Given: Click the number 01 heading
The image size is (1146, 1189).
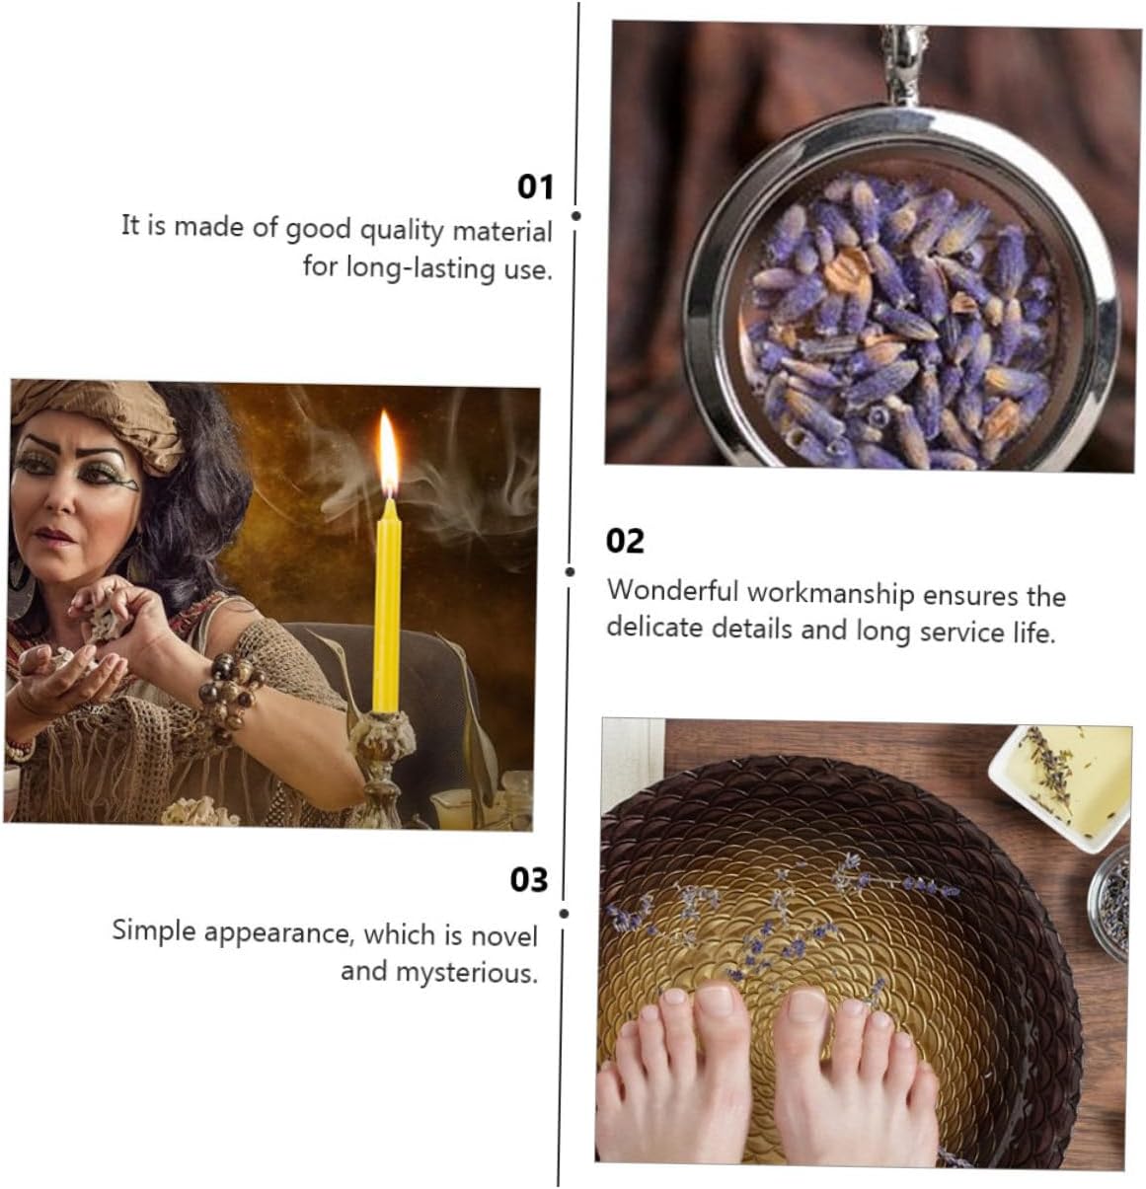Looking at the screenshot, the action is tap(535, 186).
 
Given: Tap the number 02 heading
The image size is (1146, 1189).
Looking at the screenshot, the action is tap(625, 541).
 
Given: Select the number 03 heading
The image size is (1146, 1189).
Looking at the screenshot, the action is tap(529, 880).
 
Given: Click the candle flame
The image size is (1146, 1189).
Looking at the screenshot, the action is tap(388, 452).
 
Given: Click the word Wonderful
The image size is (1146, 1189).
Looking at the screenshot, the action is tap(673, 591).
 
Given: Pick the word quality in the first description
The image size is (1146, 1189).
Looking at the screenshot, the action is tap(401, 231).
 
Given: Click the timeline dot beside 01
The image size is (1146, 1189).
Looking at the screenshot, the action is tap(576, 216).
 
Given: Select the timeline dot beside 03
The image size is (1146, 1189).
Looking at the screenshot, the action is tap(564, 914).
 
